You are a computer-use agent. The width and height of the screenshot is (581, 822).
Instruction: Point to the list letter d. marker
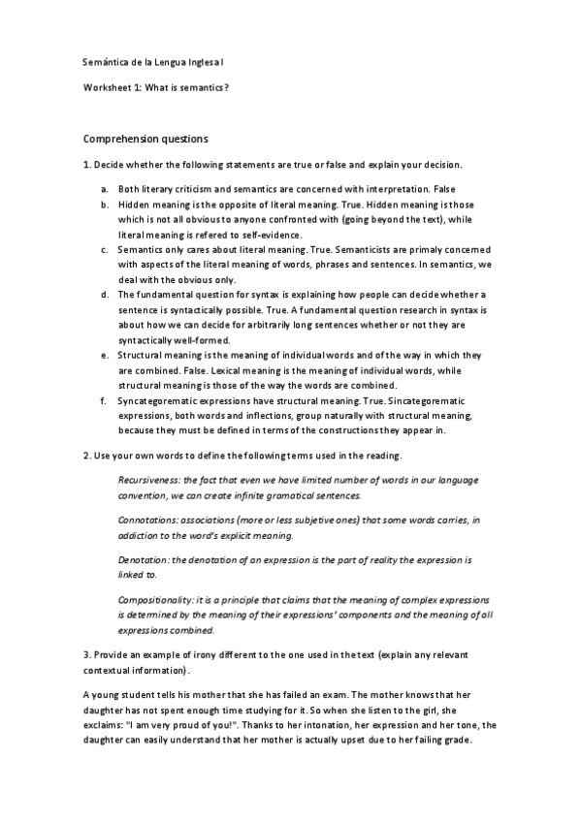tap(104, 294)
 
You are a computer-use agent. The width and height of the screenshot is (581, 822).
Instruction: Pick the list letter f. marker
tap(104, 399)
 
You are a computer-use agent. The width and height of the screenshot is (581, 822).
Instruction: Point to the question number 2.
tap(88, 454)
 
